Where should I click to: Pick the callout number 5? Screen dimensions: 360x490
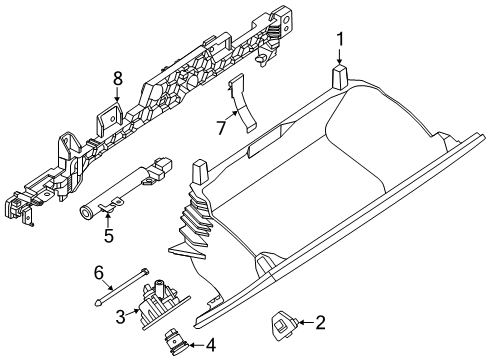(x=107, y=238)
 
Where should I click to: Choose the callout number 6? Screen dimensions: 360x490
(x=98, y=272)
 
